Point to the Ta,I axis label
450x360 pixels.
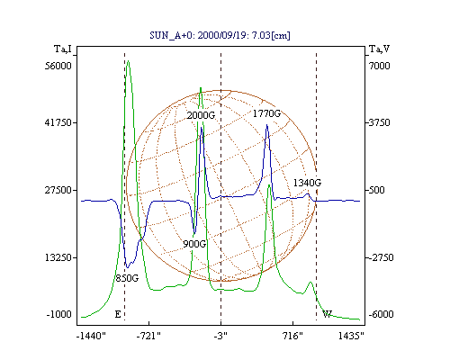tap(63, 49)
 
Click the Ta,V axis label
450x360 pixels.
tap(379, 49)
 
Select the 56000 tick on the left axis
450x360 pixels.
tap(58, 66)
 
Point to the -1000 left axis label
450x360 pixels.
tap(59, 314)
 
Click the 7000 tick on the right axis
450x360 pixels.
tap(379, 66)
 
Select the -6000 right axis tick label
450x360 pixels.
tap(381, 314)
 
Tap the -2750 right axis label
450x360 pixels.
tap(381, 257)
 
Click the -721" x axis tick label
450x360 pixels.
tap(148, 336)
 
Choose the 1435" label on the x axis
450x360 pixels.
tap(351, 336)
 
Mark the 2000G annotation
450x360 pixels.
tap(201, 115)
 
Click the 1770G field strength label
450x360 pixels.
tap(266, 113)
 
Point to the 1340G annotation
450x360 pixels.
tap(307, 183)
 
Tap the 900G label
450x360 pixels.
tap(194, 244)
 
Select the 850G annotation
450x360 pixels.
tap(127, 278)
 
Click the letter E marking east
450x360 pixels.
tap(118, 314)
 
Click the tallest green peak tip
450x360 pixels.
tap(129, 61)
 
